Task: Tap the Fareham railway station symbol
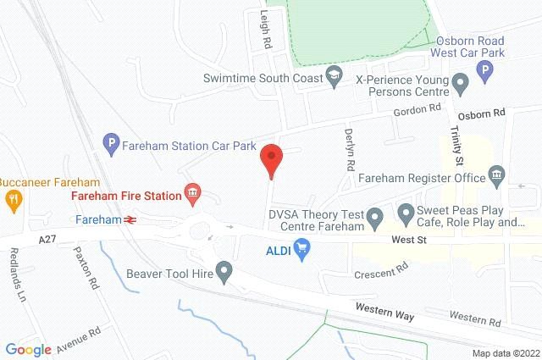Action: pyautogui.click(x=130, y=219)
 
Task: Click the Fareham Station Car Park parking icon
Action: pyautogui.click(x=108, y=145)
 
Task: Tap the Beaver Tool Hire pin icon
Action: pyautogui.click(x=224, y=273)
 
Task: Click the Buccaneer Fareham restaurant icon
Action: pyautogui.click(x=13, y=201)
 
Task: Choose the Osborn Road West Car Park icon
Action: pyautogui.click(x=485, y=74)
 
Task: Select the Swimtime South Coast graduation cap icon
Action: pyautogui.click(x=335, y=78)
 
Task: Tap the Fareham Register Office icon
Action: pyautogui.click(x=497, y=178)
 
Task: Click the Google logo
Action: pyautogui.click(x=29, y=349)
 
